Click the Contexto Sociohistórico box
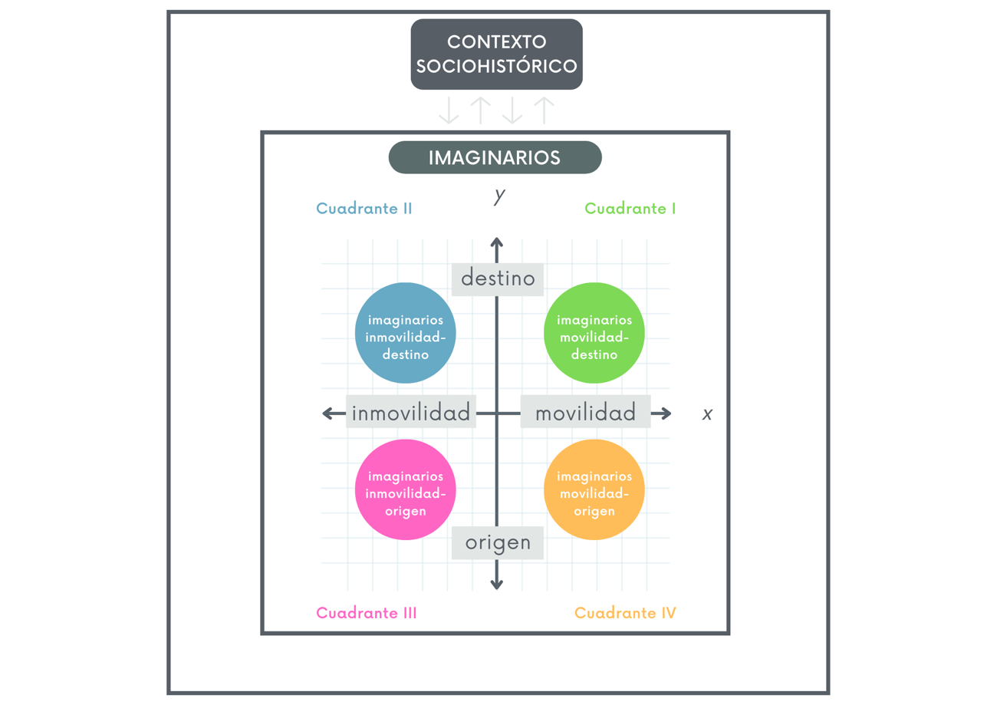(496, 54)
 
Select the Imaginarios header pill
(495, 158)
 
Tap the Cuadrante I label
(630, 209)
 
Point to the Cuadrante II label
(364, 209)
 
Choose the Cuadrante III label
(366, 613)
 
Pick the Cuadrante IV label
(625, 613)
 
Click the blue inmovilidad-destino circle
(406, 333)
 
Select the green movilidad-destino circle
(594, 333)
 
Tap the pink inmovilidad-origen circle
(406, 489)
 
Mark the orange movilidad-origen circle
(594, 489)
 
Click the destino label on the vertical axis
(498, 278)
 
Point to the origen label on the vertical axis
(498, 542)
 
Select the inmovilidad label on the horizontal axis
(411, 413)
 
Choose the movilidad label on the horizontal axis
(585, 413)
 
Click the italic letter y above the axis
(499, 196)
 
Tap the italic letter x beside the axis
(707, 414)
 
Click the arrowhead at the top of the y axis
(497, 243)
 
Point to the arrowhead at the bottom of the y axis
(497, 585)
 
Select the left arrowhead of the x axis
(327, 414)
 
